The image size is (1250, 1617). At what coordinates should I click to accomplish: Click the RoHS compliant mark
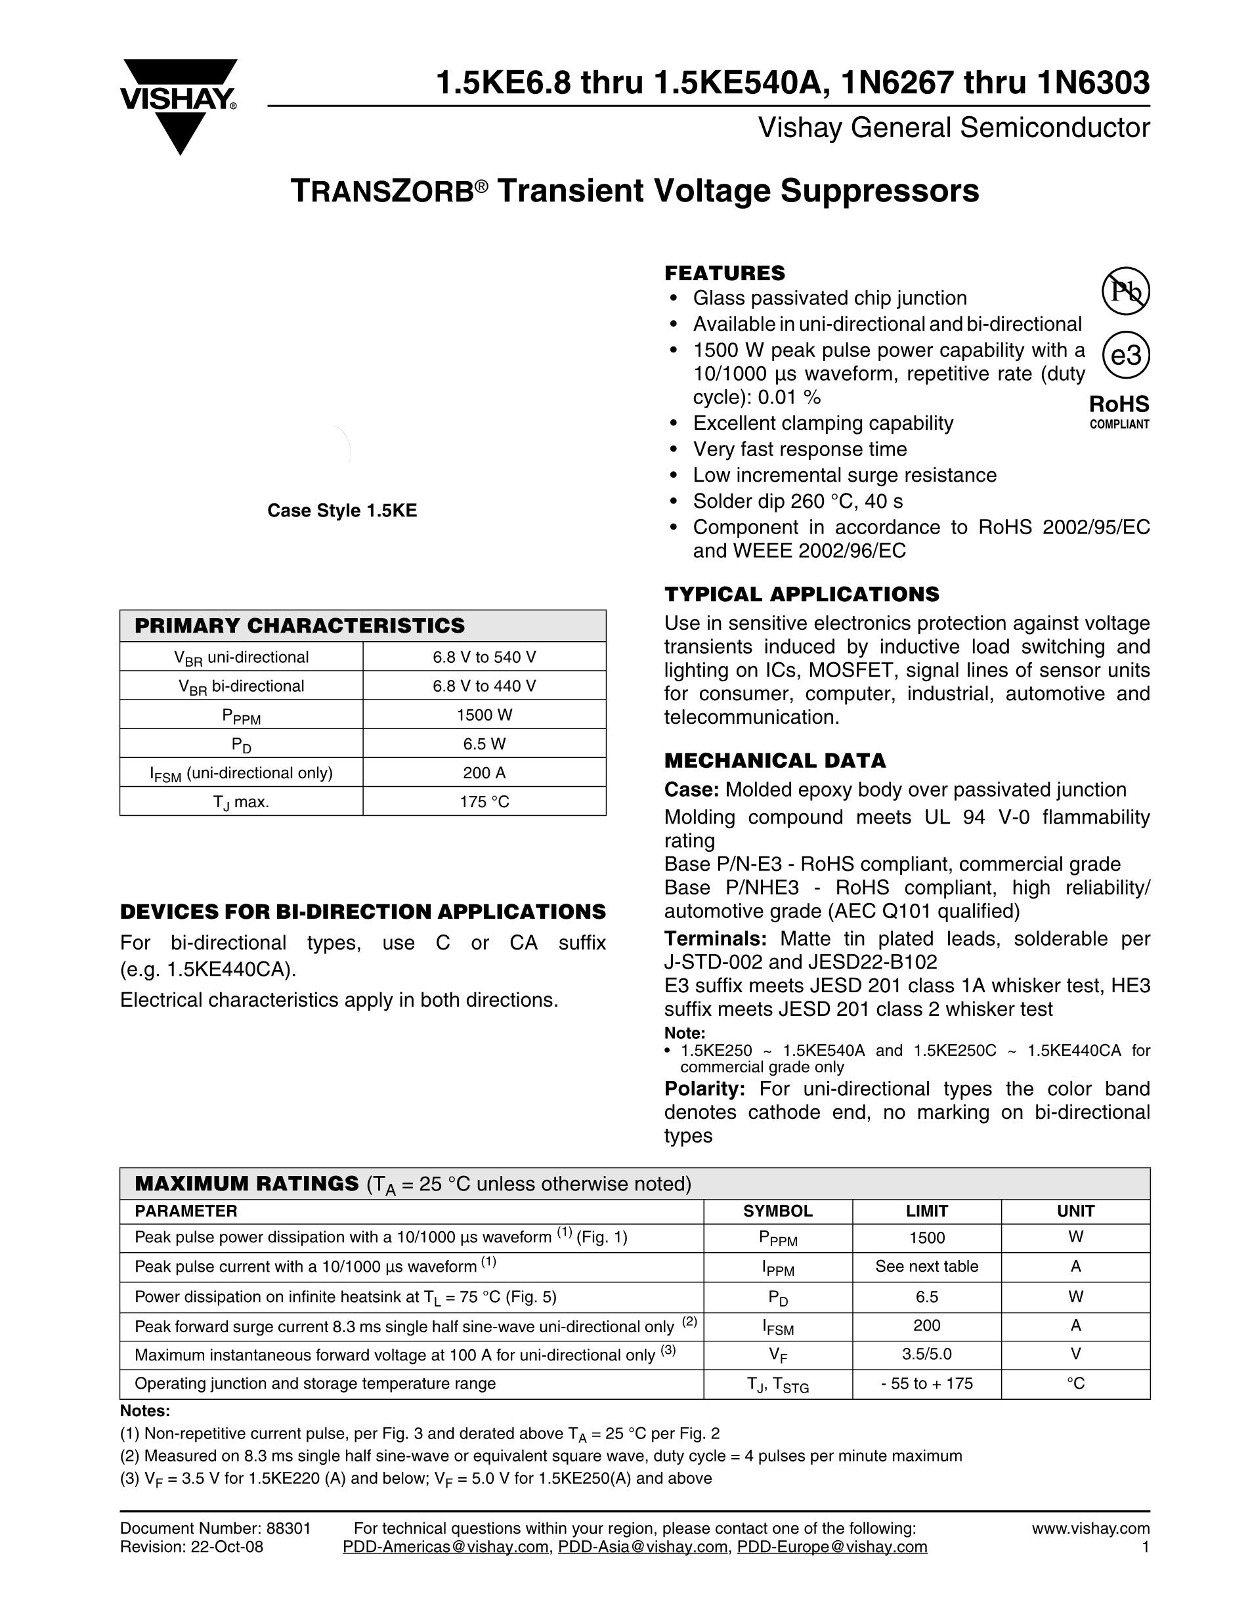point(1119,411)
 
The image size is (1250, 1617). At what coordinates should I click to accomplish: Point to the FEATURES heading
point(724,273)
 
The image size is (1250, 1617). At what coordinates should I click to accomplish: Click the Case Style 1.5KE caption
point(342,511)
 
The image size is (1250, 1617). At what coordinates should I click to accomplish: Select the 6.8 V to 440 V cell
point(485,686)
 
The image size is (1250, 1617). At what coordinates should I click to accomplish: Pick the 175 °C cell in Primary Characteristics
point(485,802)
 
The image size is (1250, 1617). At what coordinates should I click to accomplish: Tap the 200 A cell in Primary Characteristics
point(485,773)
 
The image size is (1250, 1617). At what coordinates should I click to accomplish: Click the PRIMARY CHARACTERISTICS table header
point(299,625)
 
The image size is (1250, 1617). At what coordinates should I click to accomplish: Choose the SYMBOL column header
point(777,1211)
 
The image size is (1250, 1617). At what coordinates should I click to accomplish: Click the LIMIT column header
point(926,1211)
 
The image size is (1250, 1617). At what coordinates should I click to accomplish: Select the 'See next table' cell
point(926,1267)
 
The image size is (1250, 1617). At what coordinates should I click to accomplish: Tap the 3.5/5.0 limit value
point(926,1354)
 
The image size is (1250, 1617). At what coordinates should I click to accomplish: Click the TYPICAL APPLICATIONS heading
point(801,595)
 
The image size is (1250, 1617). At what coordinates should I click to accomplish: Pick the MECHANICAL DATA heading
point(775,761)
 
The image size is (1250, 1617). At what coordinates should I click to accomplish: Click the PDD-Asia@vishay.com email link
point(643,1547)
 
